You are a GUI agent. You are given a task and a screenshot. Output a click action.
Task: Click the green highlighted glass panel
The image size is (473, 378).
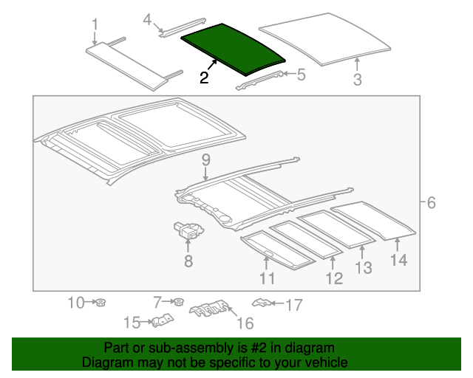(x=232, y=47)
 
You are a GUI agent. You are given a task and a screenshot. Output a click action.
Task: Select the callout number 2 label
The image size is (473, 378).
(x=203, y=78)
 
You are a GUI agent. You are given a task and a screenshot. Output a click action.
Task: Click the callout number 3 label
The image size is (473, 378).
(x=357, y=80)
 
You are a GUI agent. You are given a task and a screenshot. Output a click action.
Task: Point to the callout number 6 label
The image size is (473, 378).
(x=432, y=202)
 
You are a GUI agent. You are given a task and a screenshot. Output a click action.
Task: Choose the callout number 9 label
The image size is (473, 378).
(x=205, y=160)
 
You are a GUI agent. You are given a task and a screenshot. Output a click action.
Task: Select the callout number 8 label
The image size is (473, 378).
(x=188, y=261)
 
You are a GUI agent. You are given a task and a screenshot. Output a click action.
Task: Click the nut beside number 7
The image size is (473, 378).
(x=177, y=302)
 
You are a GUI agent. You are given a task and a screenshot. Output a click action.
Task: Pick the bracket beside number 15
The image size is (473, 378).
(x=163, y=320)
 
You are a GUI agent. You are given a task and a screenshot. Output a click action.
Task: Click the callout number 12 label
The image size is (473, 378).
(x=334, y=278)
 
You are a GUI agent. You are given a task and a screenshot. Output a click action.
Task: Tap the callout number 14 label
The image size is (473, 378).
(x=398, y=260)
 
